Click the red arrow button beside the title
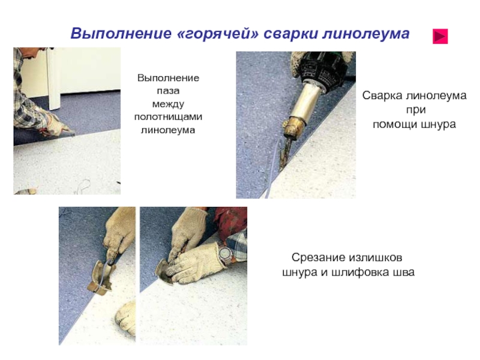pos(440,37)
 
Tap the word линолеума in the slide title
pos(366,33)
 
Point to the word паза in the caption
pos(168,91)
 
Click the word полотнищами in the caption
pos(168,116)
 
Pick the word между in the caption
pos(168,104)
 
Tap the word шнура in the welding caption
pos(439,124)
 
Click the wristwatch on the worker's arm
pos(225,253)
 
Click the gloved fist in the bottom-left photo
pos(126,319)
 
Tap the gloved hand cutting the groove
pos(55,124)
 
